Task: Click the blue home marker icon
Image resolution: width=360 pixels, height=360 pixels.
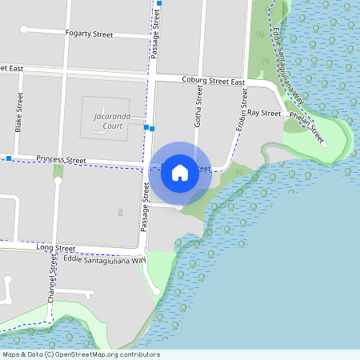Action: pos(180,171)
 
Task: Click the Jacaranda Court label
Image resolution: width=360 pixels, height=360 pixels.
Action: pos(106,121)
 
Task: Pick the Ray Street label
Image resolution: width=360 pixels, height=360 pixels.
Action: pos(264,114)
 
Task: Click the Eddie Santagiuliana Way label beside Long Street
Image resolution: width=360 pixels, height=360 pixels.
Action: pos(106,259)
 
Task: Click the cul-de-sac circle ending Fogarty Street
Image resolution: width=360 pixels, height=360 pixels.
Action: pos(24,30)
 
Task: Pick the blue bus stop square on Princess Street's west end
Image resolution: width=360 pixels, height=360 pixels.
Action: pos(8,158)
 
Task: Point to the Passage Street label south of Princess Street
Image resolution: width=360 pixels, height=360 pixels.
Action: pos(146,207)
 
